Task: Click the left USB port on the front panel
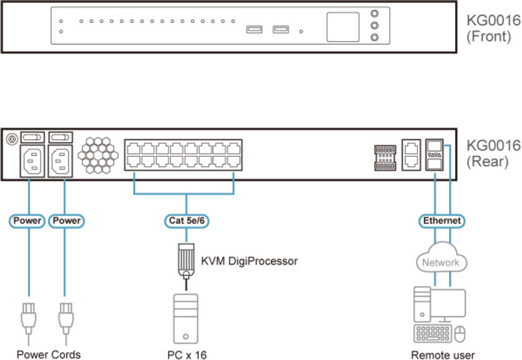pos(254,29)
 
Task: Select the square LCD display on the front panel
pos(343,27)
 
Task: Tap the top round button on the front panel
pos(374,15)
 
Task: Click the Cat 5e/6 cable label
pos(186,221)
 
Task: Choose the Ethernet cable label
pos(442,221)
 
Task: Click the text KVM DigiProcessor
pos(249,261)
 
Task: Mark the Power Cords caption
pos(49,355)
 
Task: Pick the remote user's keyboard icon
pos(432,333)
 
